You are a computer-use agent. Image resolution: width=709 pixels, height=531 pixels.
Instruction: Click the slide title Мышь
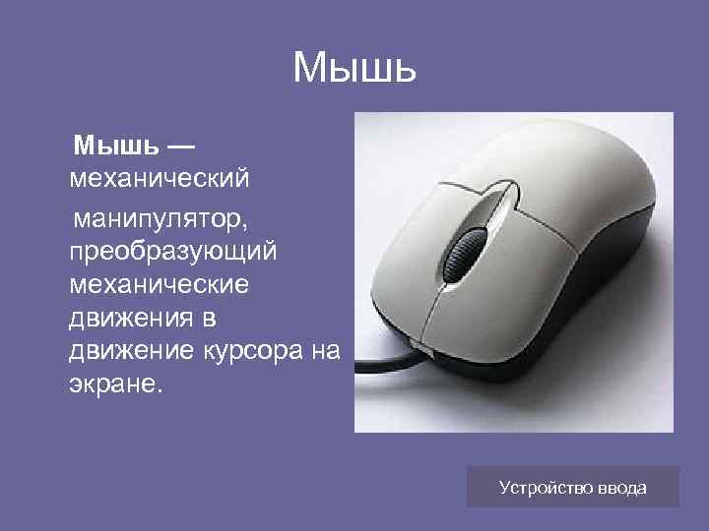[x=354, y=68]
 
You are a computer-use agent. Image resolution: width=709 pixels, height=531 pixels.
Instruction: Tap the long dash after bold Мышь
[x=180, y=147]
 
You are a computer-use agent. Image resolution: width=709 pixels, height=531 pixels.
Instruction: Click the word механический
[x=160, y=180]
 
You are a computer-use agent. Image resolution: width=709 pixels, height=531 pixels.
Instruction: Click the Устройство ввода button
[x=572, y=487]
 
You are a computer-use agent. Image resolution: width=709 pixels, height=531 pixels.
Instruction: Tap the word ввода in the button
[x=623, y=487]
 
